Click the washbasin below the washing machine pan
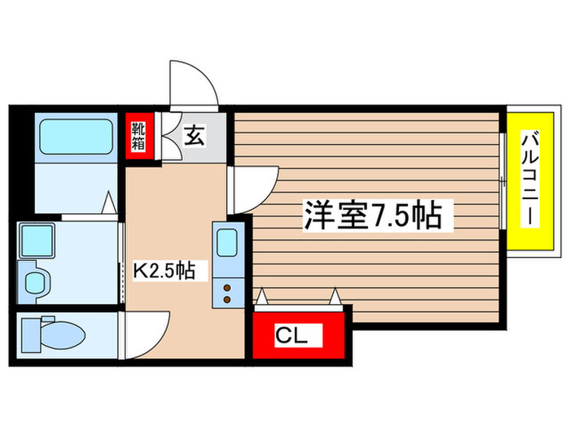[36, 281]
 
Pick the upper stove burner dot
[226, 286]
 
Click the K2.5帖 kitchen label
[164, 271]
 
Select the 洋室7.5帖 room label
[373, 216]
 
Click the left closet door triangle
[262, 298]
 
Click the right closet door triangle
[334, 298]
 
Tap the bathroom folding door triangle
[108, 203]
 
